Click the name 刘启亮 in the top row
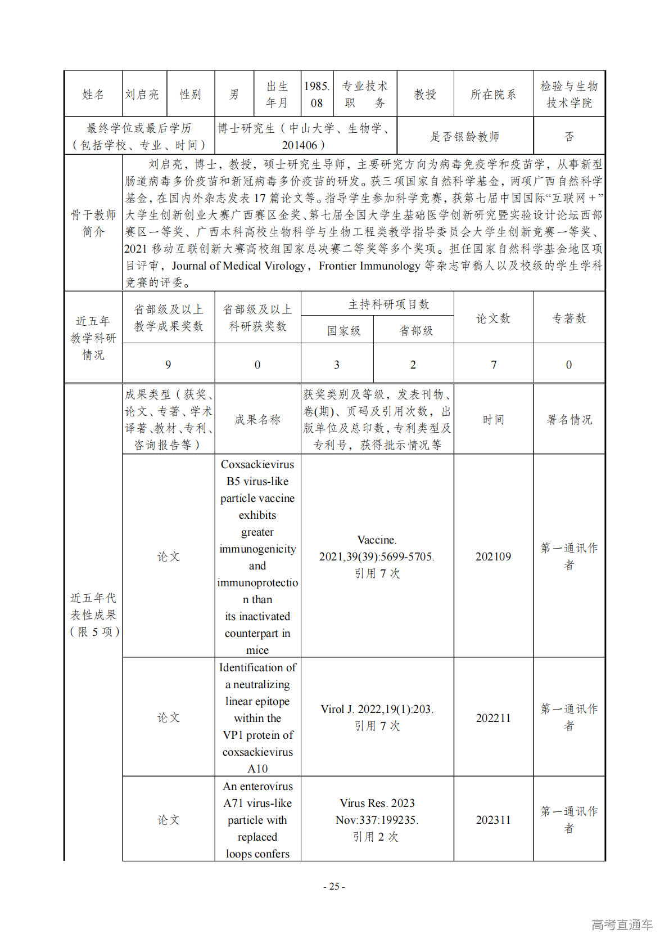(142, 95)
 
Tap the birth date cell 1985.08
(317, 95)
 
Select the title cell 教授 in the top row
(425, 95)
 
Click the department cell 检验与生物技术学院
(569, 95)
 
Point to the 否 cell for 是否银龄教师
(569, 137)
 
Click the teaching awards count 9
(168, 365)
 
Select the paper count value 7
(494, 365)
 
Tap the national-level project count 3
(337, 365)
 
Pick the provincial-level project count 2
(413, 365)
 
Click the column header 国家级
(343, 331)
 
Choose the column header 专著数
(569, 318)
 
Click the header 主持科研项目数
(388, 304)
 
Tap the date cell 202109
(494, 556)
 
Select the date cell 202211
(494, 718)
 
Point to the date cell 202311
(494, 820)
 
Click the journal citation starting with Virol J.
(377, 710)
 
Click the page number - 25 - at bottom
(334, 886)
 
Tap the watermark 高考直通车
(622, 924)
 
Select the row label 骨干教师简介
(93, 223)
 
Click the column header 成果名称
(257, 420)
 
